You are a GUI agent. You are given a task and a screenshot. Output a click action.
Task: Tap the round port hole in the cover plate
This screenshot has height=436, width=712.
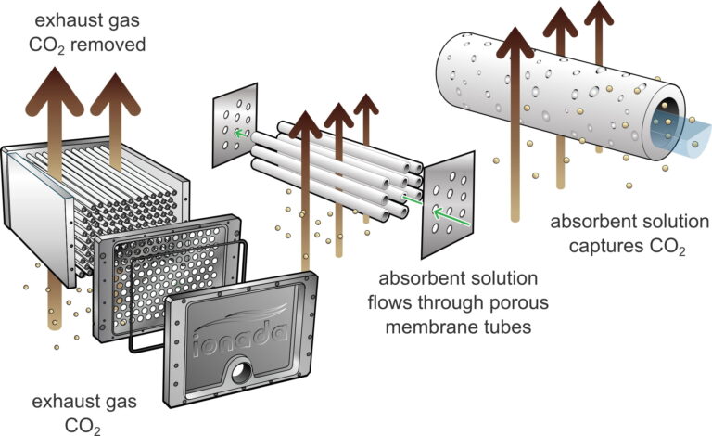pyautogui.click(x=240, y=373)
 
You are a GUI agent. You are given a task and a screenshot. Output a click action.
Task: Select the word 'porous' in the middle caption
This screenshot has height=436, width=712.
pyautogui.click(x=518, y=302)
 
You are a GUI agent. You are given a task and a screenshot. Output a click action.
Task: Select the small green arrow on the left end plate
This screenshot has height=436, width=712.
pyautogui.click(x=242, y=133)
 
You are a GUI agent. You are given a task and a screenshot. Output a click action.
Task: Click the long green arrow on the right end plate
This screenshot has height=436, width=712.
pyautogui.click(x=451, y=217)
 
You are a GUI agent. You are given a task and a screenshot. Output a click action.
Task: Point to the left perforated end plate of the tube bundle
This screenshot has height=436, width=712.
pyautogui.click(x=235, y=125)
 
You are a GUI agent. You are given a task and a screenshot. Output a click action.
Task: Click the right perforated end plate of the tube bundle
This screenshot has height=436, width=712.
pyautogui.click(x=448, y=205)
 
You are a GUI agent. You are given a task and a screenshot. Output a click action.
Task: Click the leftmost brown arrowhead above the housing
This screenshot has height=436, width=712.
pyautogui.click(x=55, y=91)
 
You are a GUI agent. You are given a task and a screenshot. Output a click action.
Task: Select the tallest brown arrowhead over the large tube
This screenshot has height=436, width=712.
pyautogui.click(x=515, y=43)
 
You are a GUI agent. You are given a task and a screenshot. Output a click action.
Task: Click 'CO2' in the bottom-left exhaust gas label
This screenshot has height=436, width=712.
pyautogui.click(x=83, y=427)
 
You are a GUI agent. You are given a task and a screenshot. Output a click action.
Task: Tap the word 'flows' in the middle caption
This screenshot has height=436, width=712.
pyautogui.click(x=390, y=302)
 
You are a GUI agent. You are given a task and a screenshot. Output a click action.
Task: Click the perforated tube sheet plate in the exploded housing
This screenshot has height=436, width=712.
pyautogui.click(x=167, y=278)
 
